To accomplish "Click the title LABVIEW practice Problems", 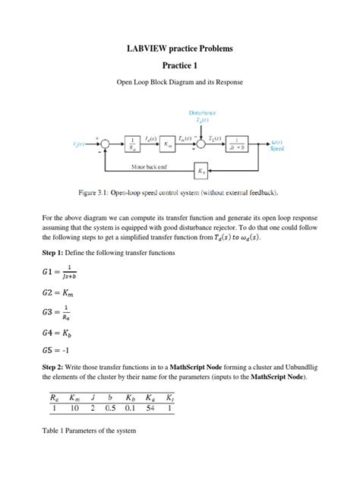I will tap(179, 49).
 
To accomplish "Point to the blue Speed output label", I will tap(278, 149).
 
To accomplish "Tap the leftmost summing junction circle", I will tap(106, 143).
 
